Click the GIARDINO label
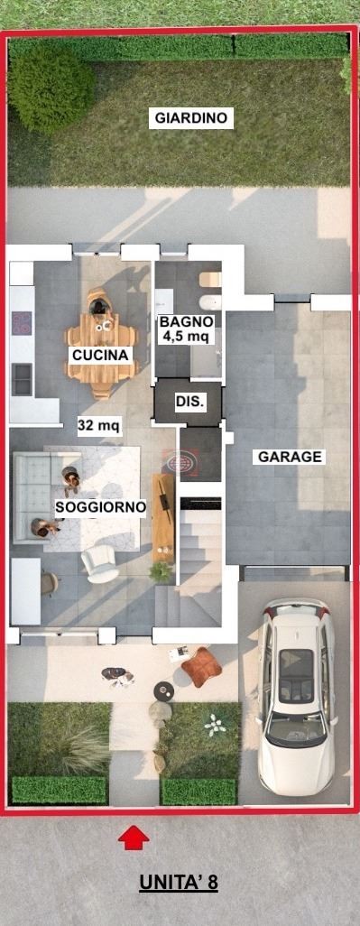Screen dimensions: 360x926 [190, 118]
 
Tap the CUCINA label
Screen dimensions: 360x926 [100, 355]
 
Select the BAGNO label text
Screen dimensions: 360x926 [186, 322]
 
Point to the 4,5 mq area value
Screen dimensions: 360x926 [186, 337]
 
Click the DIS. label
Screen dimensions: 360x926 [190, 403]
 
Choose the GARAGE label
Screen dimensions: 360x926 [290, 457]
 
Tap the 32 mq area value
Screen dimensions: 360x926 [99, 424]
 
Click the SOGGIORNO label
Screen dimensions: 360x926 [100, 506]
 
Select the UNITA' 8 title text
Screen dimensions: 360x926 [179, 883]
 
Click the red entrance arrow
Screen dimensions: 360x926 [134, 838]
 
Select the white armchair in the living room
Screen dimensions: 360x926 [99, 563]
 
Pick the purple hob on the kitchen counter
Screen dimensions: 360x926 [22, 323]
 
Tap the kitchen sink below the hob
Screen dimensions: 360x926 [22, 379]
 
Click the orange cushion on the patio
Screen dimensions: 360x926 [201, 667]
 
